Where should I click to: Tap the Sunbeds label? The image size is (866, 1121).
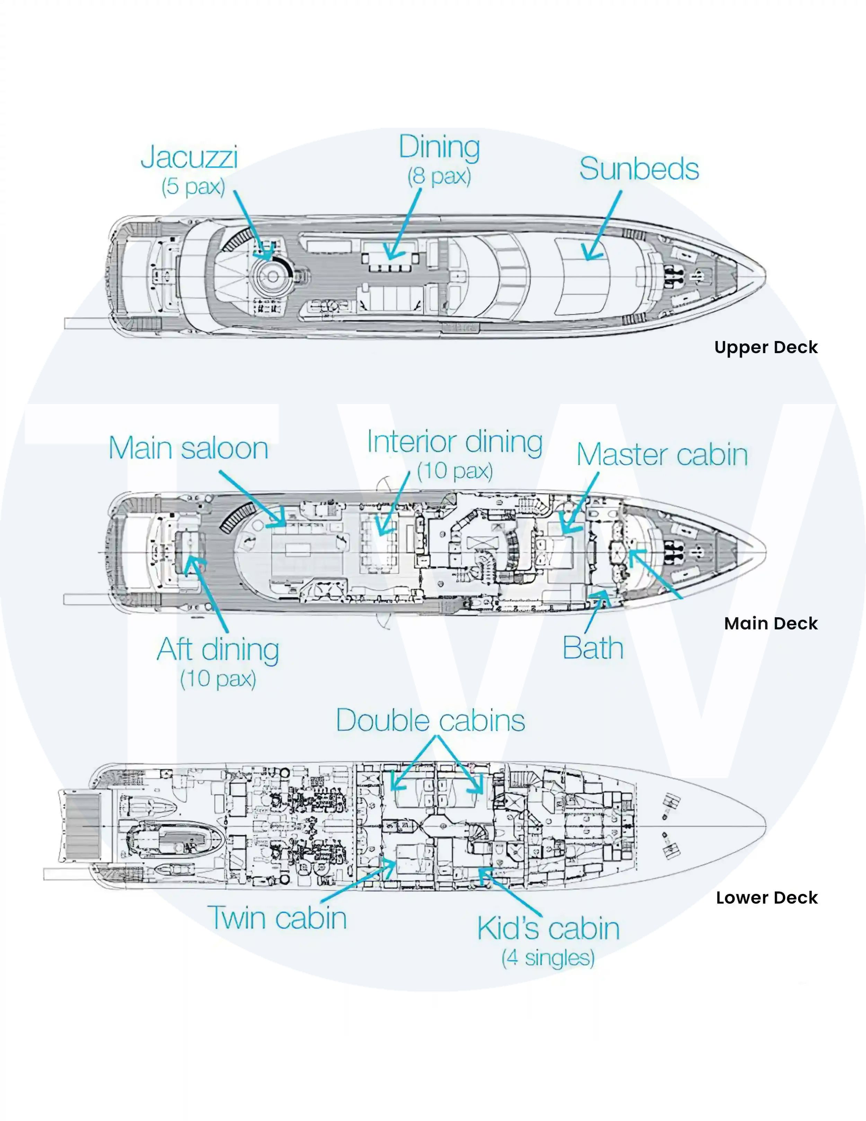(x=639, y=169)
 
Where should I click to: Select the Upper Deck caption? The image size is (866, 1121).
(x=766, y=348)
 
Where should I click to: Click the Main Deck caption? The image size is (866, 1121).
(x=771, y=623)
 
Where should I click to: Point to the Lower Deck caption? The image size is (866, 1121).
(x=767, y=897)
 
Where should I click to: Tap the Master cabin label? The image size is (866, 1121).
(x=662, y=455)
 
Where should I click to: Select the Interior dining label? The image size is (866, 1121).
(x=454, y=442)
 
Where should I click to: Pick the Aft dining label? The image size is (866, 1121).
(x=218, y=650)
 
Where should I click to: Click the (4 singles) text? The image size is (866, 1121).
(x=548, y=957)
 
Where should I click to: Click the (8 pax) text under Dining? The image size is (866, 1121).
(x=439, y=177)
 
